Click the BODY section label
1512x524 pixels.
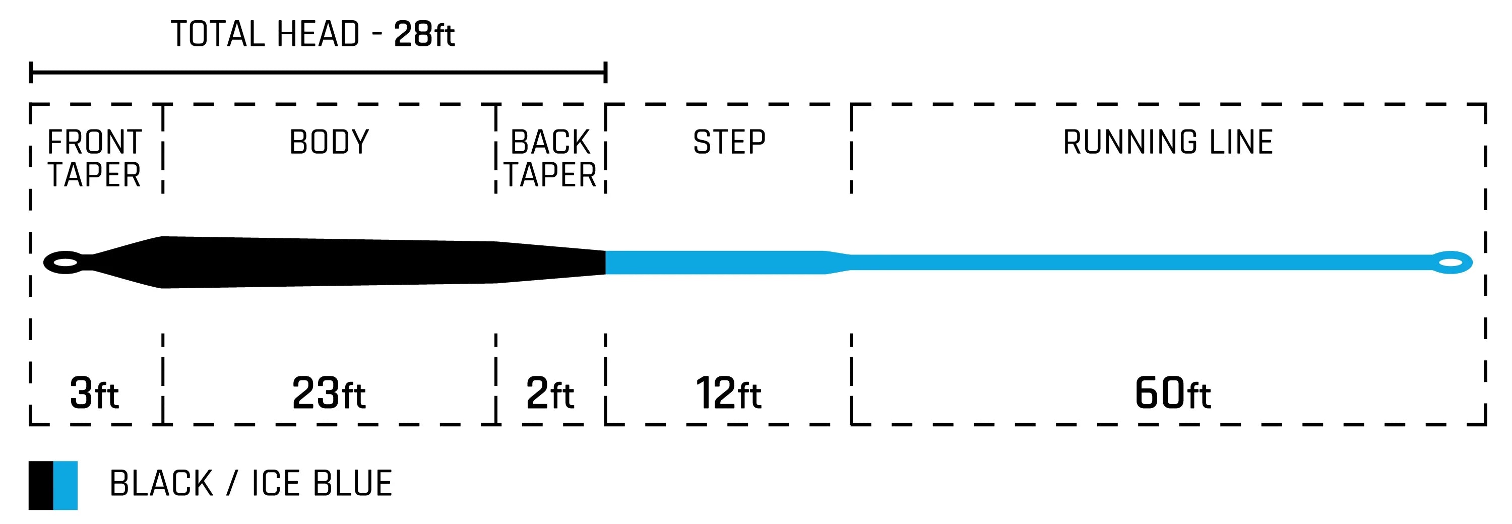[x=329, y=143]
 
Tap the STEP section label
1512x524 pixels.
[x=729, y=143]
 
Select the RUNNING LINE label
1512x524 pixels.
[x=1168, y=143]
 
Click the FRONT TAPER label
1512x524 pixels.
[x=95, y=158]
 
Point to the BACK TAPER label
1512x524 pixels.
[x=550, y=158]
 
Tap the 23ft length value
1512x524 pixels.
[x=329, y=393]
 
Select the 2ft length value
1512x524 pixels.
[x=550, y=393]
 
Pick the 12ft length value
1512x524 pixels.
[x=728, y=393]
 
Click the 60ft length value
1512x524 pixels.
[x=1172, y=393]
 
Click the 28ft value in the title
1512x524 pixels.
[x=424, y=34]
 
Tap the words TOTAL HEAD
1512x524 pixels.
[x=265, y=34]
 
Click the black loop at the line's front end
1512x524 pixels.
[x=65, y=263]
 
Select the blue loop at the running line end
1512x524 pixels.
[x=1451, y=263]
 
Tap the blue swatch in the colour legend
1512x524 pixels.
[x=65, y=485]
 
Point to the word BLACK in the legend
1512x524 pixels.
[x=161, y=484]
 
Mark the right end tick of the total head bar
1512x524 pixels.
[x=605, y=73]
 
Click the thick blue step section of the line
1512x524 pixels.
[x=716, y=263]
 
